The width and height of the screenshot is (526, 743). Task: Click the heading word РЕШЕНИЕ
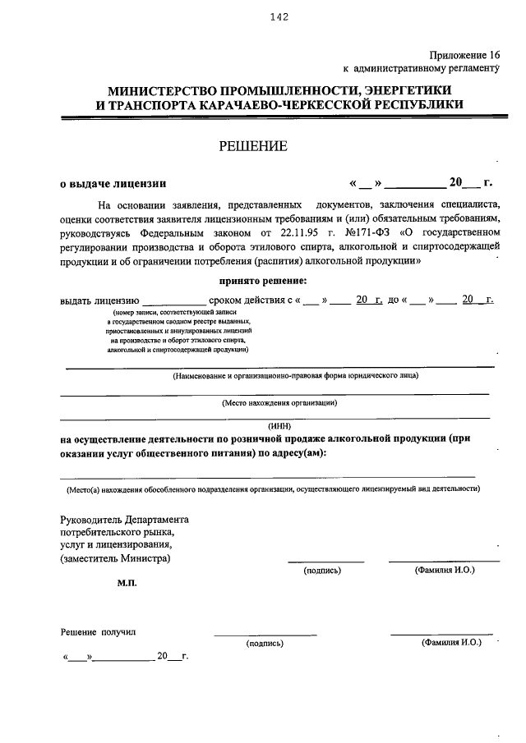[x=252, y=147]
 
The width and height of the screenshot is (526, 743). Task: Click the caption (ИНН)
[x=279, y=426]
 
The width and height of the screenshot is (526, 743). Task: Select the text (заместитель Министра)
[x=116, y=558]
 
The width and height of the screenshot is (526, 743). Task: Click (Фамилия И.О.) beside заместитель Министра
[x=445, y=569]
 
